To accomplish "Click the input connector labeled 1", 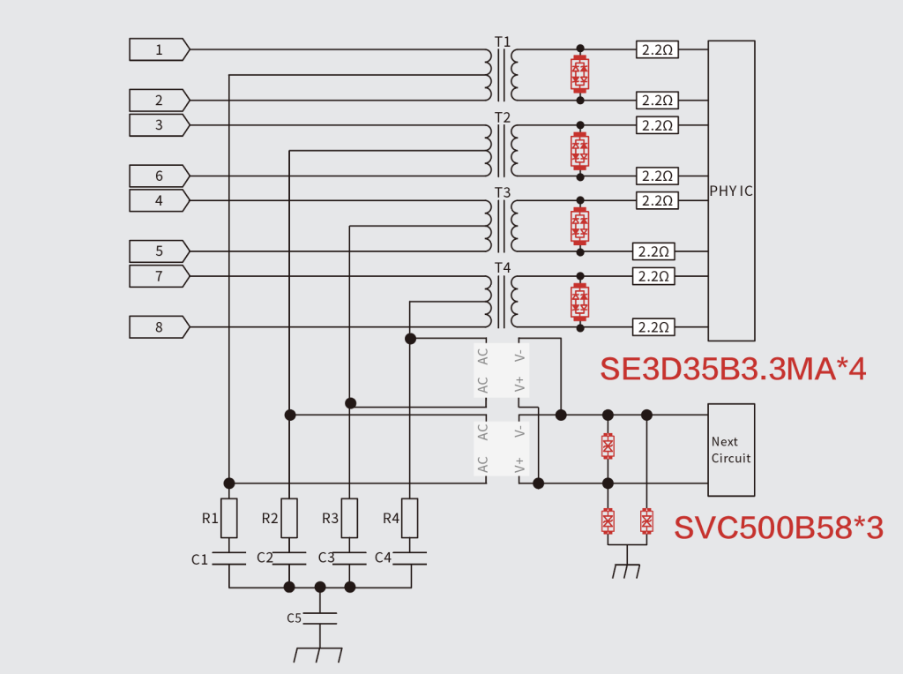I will (159, 49).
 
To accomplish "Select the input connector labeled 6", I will (159, 176).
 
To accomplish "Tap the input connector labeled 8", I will (159, 327).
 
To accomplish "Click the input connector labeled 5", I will (159, 251).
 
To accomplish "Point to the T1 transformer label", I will (502, 41).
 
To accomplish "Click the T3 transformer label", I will (502, 192).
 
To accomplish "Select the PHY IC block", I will (731, 191).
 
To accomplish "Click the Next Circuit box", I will (731, 450).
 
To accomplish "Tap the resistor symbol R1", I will (229, 518).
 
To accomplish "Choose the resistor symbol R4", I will (410, 518).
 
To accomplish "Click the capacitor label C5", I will (295, 618).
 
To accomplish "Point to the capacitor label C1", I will (200, 559).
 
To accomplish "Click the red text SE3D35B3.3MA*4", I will (733, 369).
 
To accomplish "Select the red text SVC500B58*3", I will (778, 528).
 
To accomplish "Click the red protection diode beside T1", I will (579, 74).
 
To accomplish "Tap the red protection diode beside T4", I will (579, 302).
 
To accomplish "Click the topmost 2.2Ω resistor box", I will (657, 49).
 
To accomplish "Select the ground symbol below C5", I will (318, 655).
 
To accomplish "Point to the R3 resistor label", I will (330, 519).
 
